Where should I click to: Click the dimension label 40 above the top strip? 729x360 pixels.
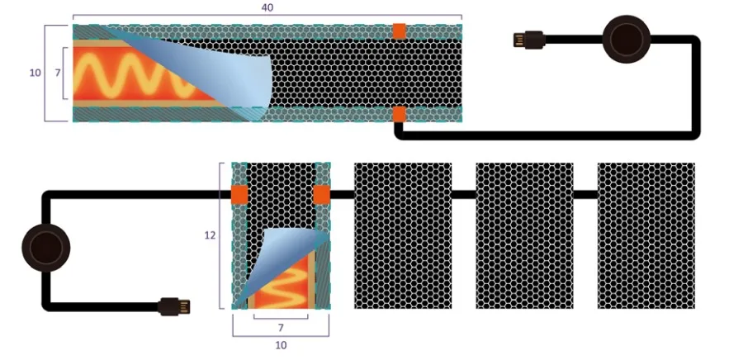click(x=267, y=7)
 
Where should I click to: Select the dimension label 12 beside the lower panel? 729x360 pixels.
click(x=210, y=235)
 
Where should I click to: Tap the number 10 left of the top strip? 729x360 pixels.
click(x=35, y=73)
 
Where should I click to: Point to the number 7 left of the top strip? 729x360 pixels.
click(x=57, y=73)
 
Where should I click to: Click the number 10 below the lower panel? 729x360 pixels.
click(x=281, y=345)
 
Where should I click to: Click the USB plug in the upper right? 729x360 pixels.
click(x=528, y=39)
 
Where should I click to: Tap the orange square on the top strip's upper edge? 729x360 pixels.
click(x=399, y=31)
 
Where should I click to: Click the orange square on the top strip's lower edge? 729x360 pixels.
click(x=399, y=114)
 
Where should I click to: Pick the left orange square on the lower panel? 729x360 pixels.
click(x=239, y=195)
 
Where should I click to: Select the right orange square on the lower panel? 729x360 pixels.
click(x=322, y=195)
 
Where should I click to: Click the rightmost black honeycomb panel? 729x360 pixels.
click(x=646, y=235)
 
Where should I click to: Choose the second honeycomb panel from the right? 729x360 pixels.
click(x=524, y=235)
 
